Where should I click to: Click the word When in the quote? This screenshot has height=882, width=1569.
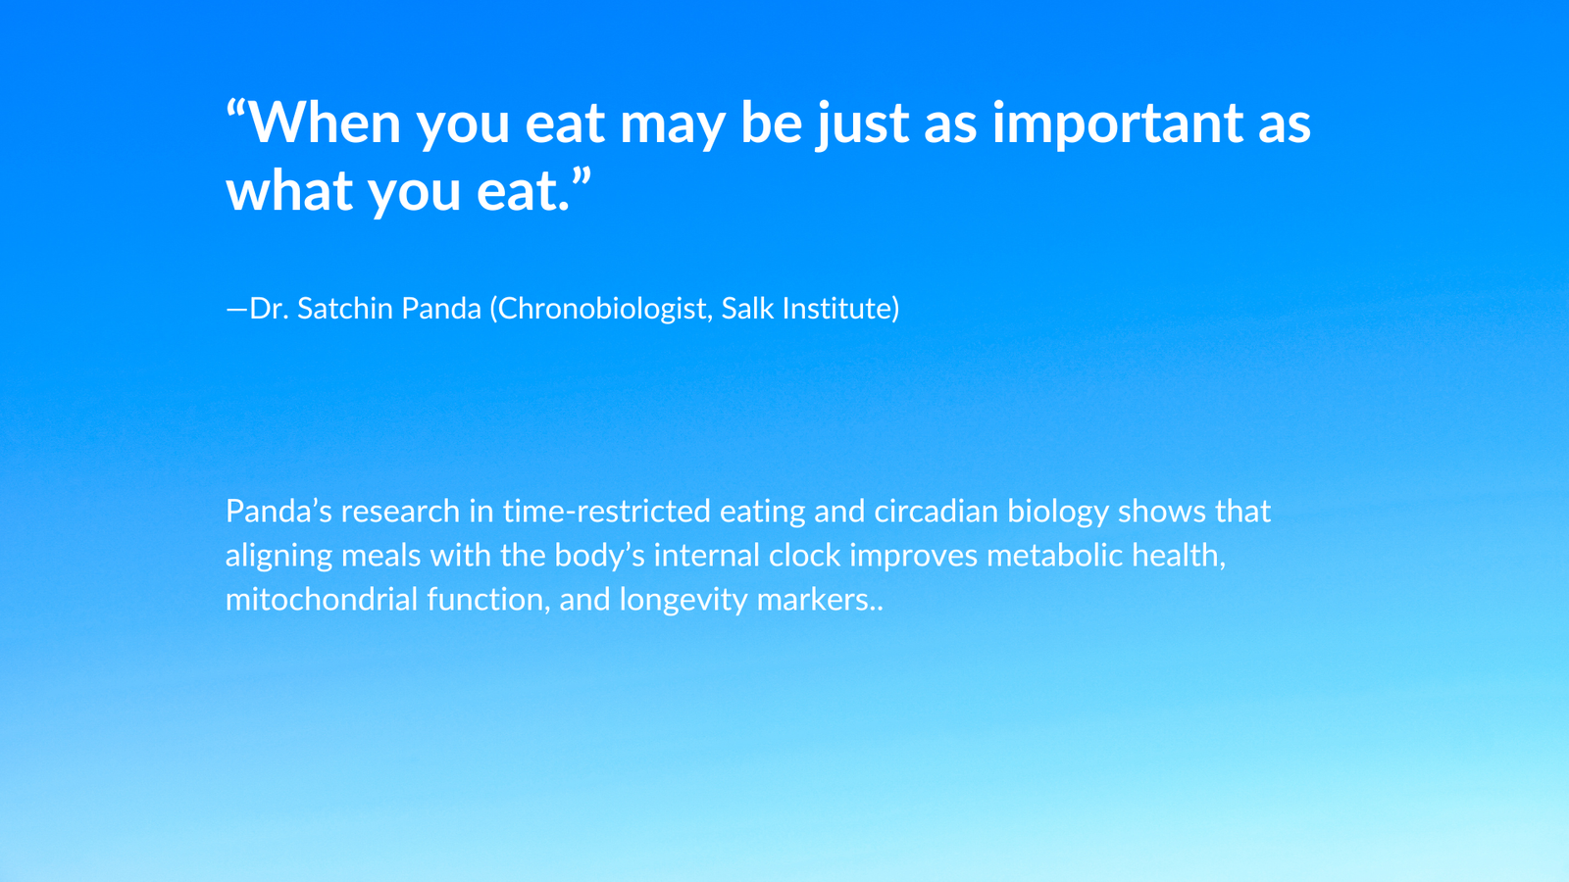tap(325, 122)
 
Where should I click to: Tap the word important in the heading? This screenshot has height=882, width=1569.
tap(1117, 123)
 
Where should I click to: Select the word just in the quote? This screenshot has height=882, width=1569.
tap(862, 123)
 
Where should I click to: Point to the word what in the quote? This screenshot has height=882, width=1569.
tap(289, 190)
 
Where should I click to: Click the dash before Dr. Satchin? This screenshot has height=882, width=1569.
tap(236, 310)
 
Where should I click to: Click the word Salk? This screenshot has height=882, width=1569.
tap(747, 308)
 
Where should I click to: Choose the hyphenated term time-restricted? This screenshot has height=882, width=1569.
tap(607, 511)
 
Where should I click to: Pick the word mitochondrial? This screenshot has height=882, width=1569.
tap(322, 599)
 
